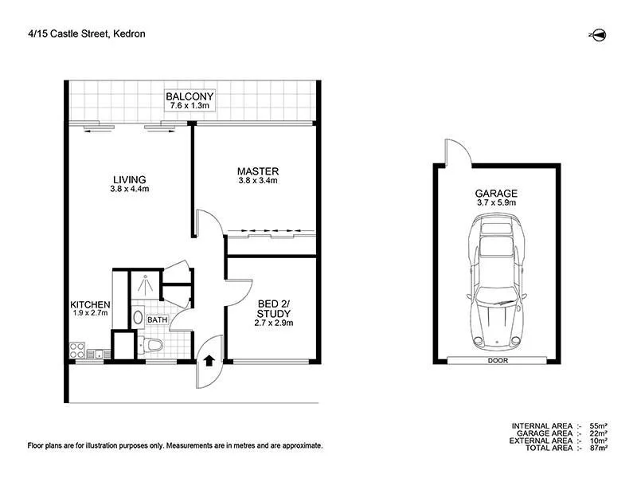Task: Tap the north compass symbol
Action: (x=599, y=34)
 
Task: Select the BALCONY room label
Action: (x=190, y=97)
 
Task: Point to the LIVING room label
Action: (x=129, y=179)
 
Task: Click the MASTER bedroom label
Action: (x=257, y=171)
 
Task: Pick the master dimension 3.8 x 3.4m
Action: (x=257, y=181)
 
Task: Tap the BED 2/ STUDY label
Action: (x=274, y=308)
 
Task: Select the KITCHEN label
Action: (x=90, y=305)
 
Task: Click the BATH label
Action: (x=157, y=320)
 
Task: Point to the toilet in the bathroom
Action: (x=151, y=345)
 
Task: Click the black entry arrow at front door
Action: (x=209, y=360)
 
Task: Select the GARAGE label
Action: (x=496, y=193)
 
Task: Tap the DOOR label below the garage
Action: (x=496, y=361)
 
